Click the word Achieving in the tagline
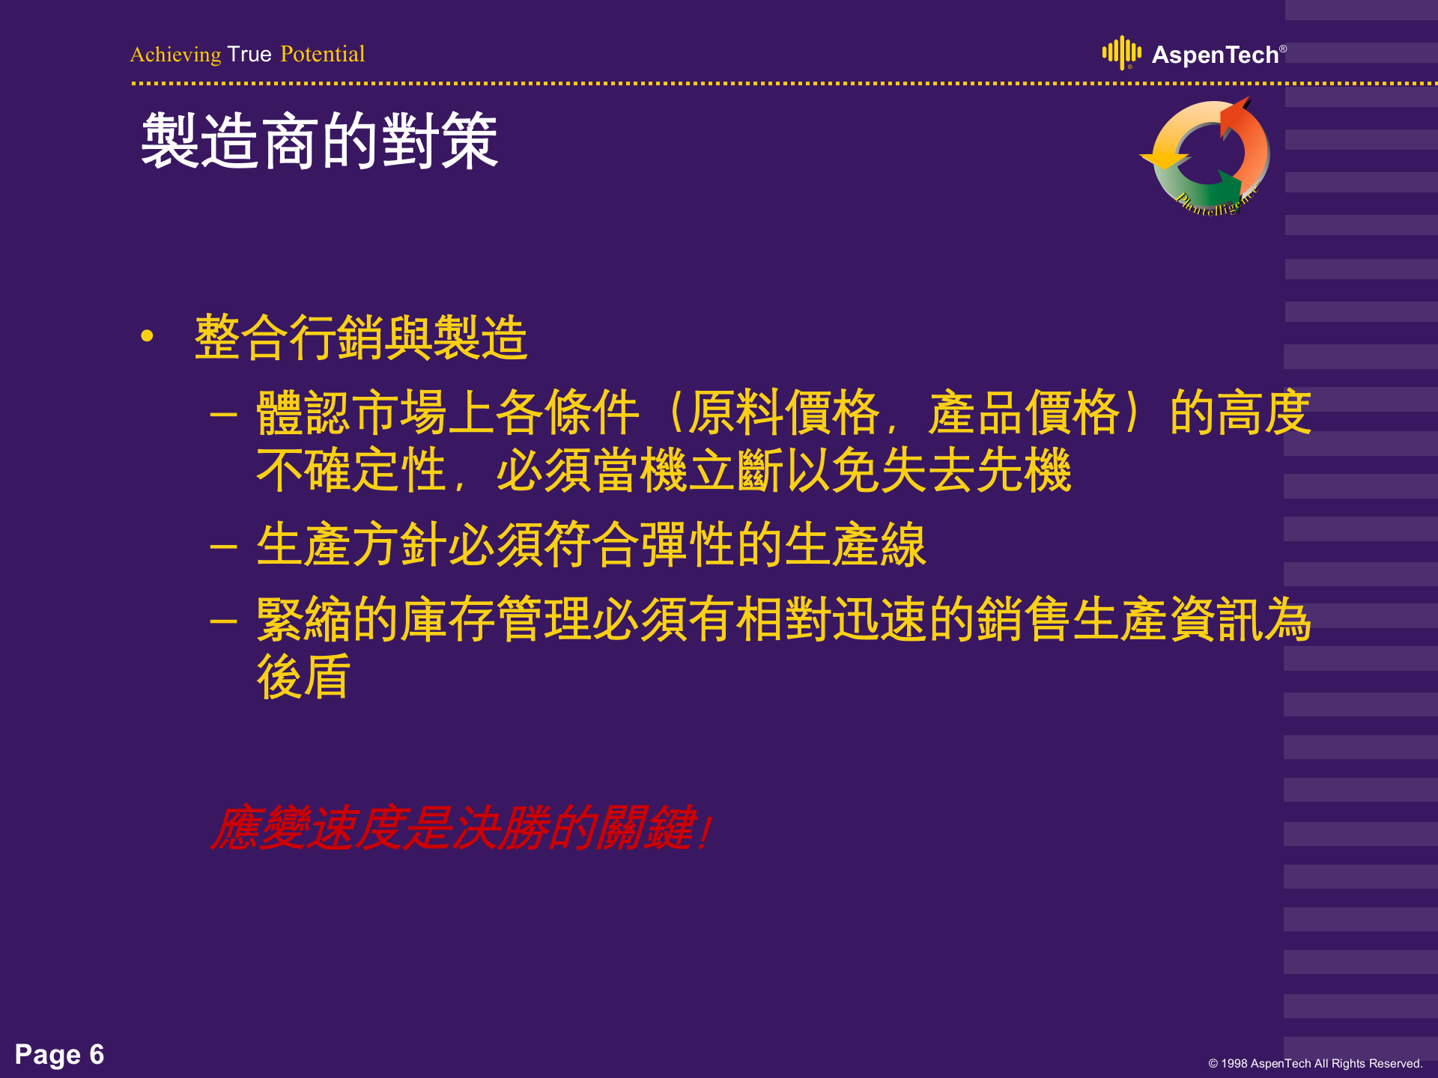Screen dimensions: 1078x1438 [x=175, y=55]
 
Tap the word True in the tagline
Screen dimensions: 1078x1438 [x=249, y=55]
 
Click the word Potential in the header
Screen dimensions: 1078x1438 [x=322, y=55]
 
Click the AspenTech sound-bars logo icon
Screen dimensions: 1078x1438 [x=1121, y=52]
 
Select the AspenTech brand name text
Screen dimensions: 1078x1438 [x=1215, y=55]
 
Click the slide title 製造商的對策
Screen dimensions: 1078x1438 [x=320, y=141]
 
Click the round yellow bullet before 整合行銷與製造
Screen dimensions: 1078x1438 [x=147, y=336]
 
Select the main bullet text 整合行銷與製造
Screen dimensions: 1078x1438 [x=361, y=338]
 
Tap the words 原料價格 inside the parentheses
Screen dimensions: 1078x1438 [x=783, y=412]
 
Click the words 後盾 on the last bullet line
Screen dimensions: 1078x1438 [x=303, y=677]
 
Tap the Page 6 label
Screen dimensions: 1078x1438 [x=59, y=1055]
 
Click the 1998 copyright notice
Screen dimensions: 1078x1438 [x=1314, y=1063]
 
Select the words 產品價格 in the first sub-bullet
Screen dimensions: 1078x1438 [x=1023, y=412]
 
